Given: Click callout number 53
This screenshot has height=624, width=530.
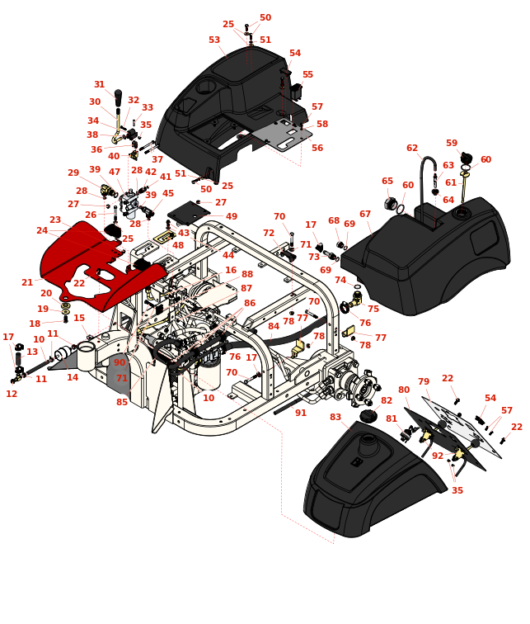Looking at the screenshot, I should (x=214, y=40).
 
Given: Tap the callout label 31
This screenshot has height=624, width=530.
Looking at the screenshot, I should (x=99, y=85).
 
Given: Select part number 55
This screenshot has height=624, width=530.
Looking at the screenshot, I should (x=307, y=75).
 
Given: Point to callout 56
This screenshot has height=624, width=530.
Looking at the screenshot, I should (x=317, y=149).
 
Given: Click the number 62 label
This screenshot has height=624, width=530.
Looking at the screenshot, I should (x=412, y=149).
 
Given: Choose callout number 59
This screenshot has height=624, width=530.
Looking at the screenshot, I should (x=452, y=144).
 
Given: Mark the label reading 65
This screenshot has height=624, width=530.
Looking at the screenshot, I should (x=387, y=182).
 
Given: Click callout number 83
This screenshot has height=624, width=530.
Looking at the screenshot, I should (x=335, y=418).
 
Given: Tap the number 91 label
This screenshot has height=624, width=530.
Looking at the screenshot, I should (x=301, y=414).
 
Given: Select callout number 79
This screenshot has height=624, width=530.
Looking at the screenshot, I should (x=424, y=382).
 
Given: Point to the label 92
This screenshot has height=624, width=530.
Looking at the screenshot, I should (x=438, y=456).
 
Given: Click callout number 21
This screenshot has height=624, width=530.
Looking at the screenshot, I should (x=27, y=283).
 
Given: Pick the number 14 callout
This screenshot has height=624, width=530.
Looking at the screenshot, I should (x=73, y=378).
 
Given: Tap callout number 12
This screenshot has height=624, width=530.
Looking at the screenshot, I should (x=12, y=395).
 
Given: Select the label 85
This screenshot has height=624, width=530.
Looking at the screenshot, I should (x=122, y=403).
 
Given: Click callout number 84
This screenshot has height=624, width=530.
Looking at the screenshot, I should (x=274, y=327).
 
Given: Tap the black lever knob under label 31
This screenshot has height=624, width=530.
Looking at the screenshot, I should (x=118, y=97).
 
